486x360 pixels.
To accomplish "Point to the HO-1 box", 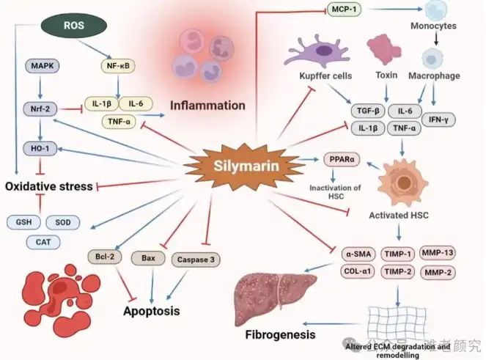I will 39,148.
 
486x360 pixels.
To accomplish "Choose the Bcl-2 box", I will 103,257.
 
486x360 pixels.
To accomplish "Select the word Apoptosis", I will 150,310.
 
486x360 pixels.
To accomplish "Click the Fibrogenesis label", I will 279,334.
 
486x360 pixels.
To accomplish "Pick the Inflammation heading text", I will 208,106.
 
